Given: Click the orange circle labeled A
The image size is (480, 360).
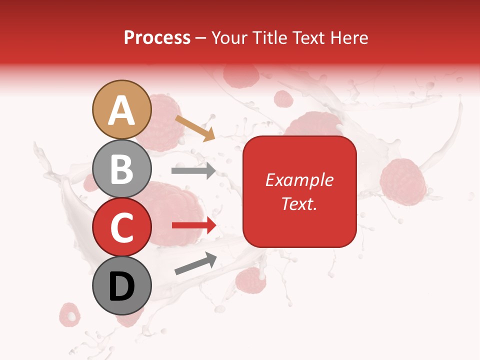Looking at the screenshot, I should (x=121, y=109).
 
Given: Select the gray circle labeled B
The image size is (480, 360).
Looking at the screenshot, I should (x=121, y=168).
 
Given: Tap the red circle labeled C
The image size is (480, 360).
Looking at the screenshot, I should (x=121, y=227).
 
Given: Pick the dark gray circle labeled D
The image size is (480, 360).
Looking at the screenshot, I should (x=121, y=285).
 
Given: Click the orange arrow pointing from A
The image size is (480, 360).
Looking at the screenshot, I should (x=194, y=127).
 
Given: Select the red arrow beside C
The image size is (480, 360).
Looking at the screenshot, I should (x=194, y=225).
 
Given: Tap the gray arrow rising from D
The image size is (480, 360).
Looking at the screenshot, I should (x=195, y=263).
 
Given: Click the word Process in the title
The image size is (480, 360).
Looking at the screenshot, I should (x=157, y=37).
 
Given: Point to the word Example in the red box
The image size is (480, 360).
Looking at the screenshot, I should (x=299, y=180).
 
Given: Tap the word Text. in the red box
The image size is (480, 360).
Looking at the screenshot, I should (x=299, y=203).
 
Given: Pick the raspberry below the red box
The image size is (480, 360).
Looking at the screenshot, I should (x=250, y=280).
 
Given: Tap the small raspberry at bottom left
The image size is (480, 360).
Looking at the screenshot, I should (x=69, y=313).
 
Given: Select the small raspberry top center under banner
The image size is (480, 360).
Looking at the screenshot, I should (x=283, y=99).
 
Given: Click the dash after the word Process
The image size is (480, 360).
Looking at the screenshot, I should (x=201, y=38).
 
